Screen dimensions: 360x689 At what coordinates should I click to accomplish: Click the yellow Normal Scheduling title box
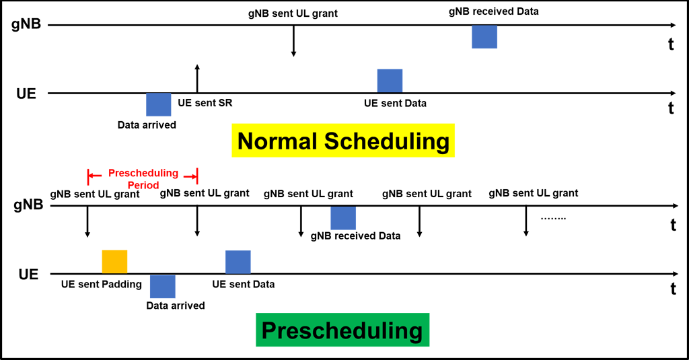pos(343,141)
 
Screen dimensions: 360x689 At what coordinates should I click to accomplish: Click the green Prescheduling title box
pos(342,330)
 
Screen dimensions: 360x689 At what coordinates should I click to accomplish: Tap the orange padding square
pos(114,261)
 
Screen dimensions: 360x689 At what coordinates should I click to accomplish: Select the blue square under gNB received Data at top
pos(484,37)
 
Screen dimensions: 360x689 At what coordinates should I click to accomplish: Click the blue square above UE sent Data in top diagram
pos(390,80)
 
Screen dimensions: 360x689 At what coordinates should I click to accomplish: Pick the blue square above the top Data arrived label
pos(159,104)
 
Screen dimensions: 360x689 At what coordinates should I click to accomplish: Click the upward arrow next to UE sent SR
pos(196,78)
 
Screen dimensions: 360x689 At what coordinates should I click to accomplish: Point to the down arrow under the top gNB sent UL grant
pos(293,42)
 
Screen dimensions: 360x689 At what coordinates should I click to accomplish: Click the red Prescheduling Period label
pos(143,178)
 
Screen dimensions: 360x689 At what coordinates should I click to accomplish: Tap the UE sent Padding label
pos(101,284)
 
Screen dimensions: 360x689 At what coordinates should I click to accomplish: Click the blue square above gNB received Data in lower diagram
pos(343,219)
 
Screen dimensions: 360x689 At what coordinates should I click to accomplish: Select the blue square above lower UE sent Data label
pos(238,262)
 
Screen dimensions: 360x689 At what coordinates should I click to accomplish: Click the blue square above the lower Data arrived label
pos(162,287)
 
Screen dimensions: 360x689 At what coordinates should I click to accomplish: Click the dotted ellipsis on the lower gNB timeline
pos(553,219)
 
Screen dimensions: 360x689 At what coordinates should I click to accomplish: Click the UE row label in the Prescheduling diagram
pos(28,275)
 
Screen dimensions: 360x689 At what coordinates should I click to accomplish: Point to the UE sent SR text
pos(205,104)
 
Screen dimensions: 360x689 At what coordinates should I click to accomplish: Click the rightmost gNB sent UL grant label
pos(534,193)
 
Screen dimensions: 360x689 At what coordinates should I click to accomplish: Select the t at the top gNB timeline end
pos(671,44)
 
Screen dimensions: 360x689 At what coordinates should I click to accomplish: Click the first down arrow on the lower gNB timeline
pos(87,222)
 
